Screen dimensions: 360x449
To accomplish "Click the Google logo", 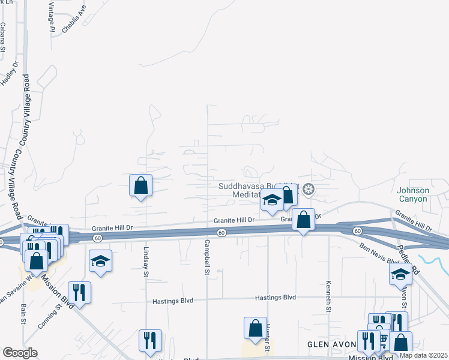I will click(x=20, y=353).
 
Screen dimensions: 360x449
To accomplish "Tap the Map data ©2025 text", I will click(x=423, y=355).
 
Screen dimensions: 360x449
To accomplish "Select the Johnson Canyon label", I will click(x=414, y=194).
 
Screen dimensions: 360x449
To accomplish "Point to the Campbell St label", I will click(x=206, y=258).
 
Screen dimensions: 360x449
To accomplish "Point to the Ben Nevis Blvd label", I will click(x=379, y=254).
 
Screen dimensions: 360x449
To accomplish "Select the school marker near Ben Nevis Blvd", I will click(x=400, y=275).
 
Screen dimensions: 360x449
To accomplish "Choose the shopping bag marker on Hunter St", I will click(x=255, y=328).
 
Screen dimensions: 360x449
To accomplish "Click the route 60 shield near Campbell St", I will click(x=221, y=232).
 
